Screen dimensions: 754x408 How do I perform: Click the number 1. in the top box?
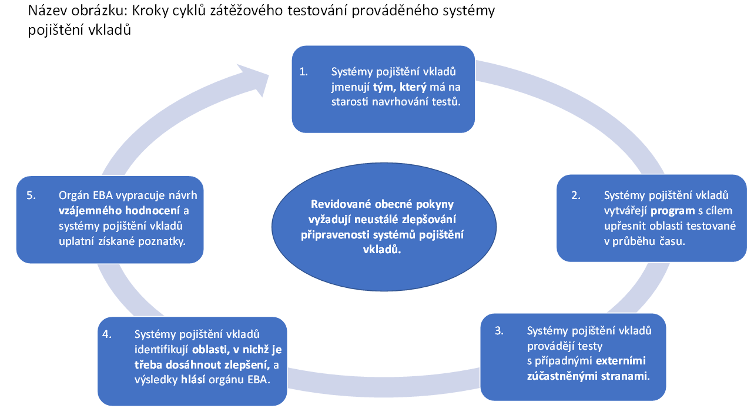tap(304, 72)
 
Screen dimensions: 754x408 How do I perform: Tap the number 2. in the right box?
tap(576, 195)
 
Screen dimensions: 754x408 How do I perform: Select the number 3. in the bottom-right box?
tap(499, 330)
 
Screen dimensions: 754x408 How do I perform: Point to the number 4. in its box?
tap(107, 334)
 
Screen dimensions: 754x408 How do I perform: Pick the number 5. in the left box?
tap(31, 195)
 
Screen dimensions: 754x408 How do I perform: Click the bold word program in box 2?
tap(672, 211)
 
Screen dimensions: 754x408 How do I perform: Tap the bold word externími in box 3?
tap(621, 361)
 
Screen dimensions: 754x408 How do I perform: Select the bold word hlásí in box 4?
tap(193, 380)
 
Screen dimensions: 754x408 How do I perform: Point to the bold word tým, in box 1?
tap(385, 87)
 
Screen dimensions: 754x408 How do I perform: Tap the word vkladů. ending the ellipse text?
tap(382, 250)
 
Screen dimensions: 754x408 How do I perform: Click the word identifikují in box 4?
tap(161, 350)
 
